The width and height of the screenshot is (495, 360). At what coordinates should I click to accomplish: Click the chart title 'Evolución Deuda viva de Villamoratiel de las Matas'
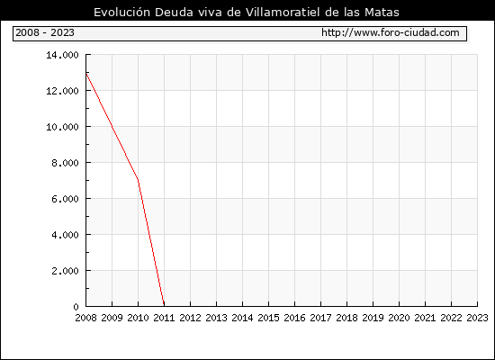247,13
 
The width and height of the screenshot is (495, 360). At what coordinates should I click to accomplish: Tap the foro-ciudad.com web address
391,32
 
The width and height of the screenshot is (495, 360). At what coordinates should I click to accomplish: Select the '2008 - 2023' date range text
45,32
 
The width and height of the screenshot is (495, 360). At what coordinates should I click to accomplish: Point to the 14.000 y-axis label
62,55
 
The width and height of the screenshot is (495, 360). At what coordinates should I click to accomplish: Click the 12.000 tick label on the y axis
62,91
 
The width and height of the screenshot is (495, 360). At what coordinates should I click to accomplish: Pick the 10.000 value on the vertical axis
62,127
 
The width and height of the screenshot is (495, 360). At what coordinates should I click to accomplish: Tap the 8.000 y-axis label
65,163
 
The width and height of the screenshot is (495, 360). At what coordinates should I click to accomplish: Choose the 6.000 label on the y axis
65,199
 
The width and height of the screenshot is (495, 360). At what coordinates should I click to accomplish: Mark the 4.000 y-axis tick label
65,235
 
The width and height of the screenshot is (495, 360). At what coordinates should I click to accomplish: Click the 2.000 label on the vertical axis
65,271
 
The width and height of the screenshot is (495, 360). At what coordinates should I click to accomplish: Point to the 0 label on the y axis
76,307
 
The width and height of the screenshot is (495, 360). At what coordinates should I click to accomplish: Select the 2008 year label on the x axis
85,318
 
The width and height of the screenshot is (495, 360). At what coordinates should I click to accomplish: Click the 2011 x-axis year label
164,318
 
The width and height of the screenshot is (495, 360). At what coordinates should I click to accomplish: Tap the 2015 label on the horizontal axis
269,318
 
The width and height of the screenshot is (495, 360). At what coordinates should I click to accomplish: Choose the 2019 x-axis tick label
373,318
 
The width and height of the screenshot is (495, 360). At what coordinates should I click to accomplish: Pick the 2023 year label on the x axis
477,318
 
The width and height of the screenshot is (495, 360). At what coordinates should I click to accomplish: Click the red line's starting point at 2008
86,73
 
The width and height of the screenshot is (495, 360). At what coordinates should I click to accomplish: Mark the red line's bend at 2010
138,180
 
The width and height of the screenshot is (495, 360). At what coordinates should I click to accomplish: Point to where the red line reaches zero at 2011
164,306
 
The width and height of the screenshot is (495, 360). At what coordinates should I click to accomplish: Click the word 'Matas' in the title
382,13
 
